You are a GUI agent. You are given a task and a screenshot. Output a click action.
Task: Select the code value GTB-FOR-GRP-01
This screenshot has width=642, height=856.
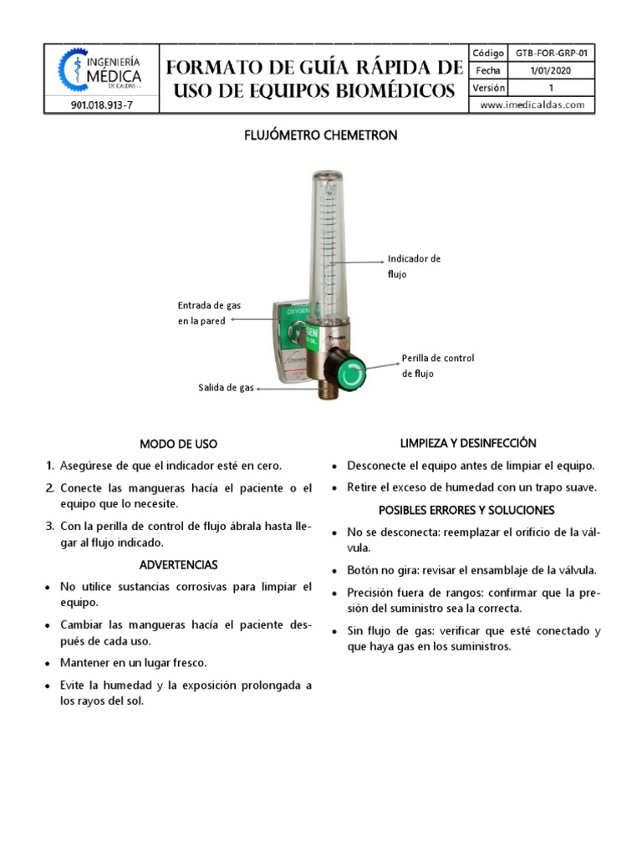[551, 53]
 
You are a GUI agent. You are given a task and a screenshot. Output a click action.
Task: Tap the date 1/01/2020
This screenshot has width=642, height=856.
[551, 70]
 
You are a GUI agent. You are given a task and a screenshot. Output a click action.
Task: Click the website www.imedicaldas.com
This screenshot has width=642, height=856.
[532, 105]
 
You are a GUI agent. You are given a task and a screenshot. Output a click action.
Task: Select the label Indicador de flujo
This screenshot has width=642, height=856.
[414, 267]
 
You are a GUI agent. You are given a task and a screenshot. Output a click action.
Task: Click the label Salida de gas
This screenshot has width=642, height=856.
[226, 388]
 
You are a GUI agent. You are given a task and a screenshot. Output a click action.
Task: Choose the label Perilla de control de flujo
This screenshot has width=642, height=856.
[437, 365]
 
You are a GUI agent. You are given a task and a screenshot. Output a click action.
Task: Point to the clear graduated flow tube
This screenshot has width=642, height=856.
[328, 242]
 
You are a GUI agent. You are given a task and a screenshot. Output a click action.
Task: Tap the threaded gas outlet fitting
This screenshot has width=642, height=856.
[324, 389]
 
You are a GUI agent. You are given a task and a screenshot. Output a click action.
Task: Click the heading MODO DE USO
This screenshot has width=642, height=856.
[178, 444]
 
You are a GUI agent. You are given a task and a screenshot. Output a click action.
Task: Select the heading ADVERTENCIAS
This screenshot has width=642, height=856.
[178, 565]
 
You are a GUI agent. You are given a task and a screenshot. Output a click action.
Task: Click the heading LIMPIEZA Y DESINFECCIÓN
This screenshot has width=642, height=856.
[468, 443]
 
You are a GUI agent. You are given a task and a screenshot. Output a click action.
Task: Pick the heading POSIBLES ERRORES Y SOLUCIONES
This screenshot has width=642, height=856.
[466, 510]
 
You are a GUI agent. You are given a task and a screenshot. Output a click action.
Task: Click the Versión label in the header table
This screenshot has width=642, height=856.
[489, 88]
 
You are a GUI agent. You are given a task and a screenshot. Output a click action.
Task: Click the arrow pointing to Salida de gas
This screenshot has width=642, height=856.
[284, 389]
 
